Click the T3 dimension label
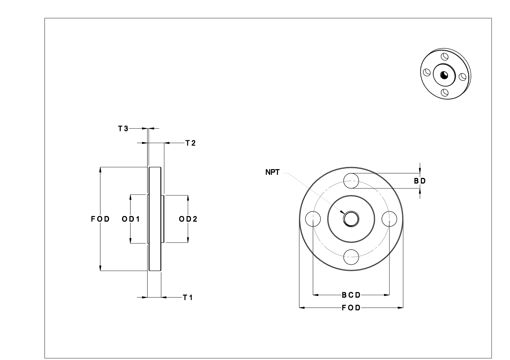pos(123,129)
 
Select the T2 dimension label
pos(190,143)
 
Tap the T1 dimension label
pos(188,298)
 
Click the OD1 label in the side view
pos(131,219)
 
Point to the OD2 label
pos(188,219)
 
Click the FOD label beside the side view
pos(100,219)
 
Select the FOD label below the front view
pos(351,308)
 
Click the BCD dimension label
pos(351,295)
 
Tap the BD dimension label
pos(420,181)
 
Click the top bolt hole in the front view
pos(351,181)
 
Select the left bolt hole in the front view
pos(313,219)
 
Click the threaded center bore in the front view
pos(351,219)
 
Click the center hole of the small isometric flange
pos(444,75)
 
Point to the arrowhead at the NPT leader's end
pos(342,212)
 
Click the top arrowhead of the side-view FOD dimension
pos(100,169)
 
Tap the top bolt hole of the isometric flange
pos(444,57)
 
